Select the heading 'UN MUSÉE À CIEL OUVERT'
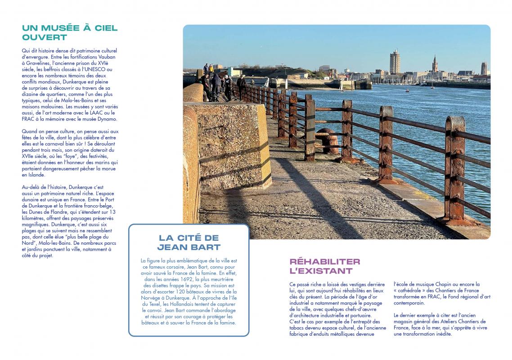click(x=70, y=32)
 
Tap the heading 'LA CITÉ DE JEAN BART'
click(x=189, y=242)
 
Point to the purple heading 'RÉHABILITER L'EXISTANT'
click(x=325, y=266)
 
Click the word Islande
click(x=36, y=175)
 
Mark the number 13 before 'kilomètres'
click(x=112, y=211)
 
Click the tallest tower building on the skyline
click(x=395, y=62)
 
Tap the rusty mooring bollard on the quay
click(x=328, y=141)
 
